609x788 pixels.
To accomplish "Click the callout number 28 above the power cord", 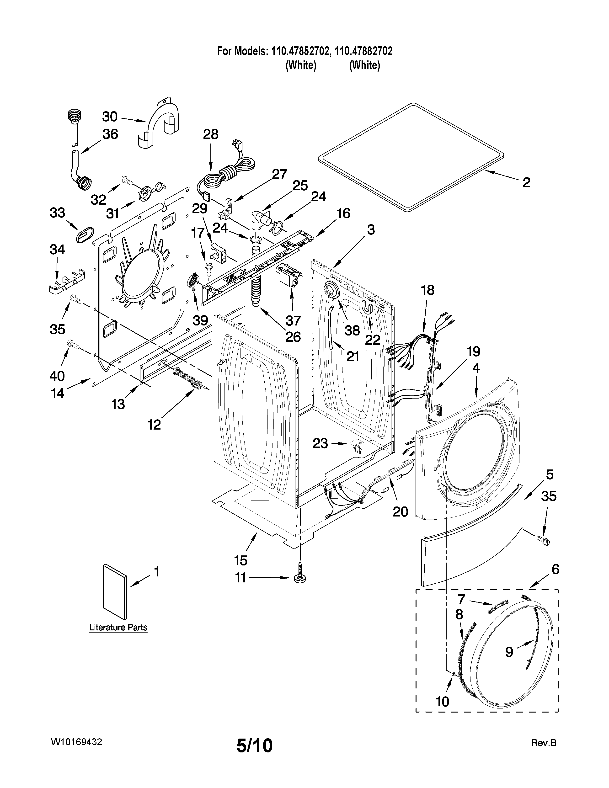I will (x=211, y=135).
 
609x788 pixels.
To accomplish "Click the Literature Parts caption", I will (x=118, y=628).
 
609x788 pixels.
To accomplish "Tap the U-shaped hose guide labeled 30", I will (x=159, y=123).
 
